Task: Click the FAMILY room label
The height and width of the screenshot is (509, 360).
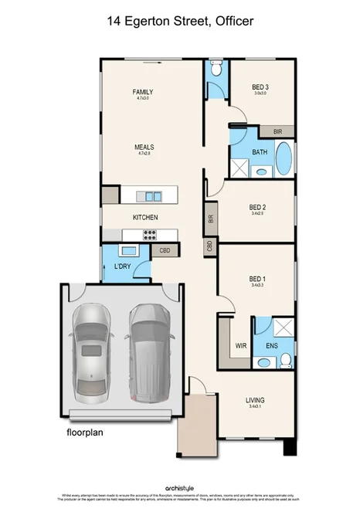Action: [x=143, y=92]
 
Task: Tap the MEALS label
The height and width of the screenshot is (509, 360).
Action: [x=144, y=147]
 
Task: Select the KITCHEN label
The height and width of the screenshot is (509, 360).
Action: [x=144, y=218]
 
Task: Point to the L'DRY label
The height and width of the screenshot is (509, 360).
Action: [x=122, y=267]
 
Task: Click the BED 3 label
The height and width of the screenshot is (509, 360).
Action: [x=260, y=87]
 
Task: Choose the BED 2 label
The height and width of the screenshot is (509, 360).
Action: [x=257, y=207]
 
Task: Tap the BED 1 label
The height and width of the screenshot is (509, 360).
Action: [x=257, y=279]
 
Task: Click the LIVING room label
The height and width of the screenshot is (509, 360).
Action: [x=255, y=400]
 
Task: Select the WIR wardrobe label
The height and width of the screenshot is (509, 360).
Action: [x=240, y=346]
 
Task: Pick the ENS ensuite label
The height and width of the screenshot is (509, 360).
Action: [x=272, y=346]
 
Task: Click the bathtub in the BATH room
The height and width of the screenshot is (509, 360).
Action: [x=284, y=158]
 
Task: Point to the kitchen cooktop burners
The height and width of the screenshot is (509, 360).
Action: [x=149, y=235]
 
